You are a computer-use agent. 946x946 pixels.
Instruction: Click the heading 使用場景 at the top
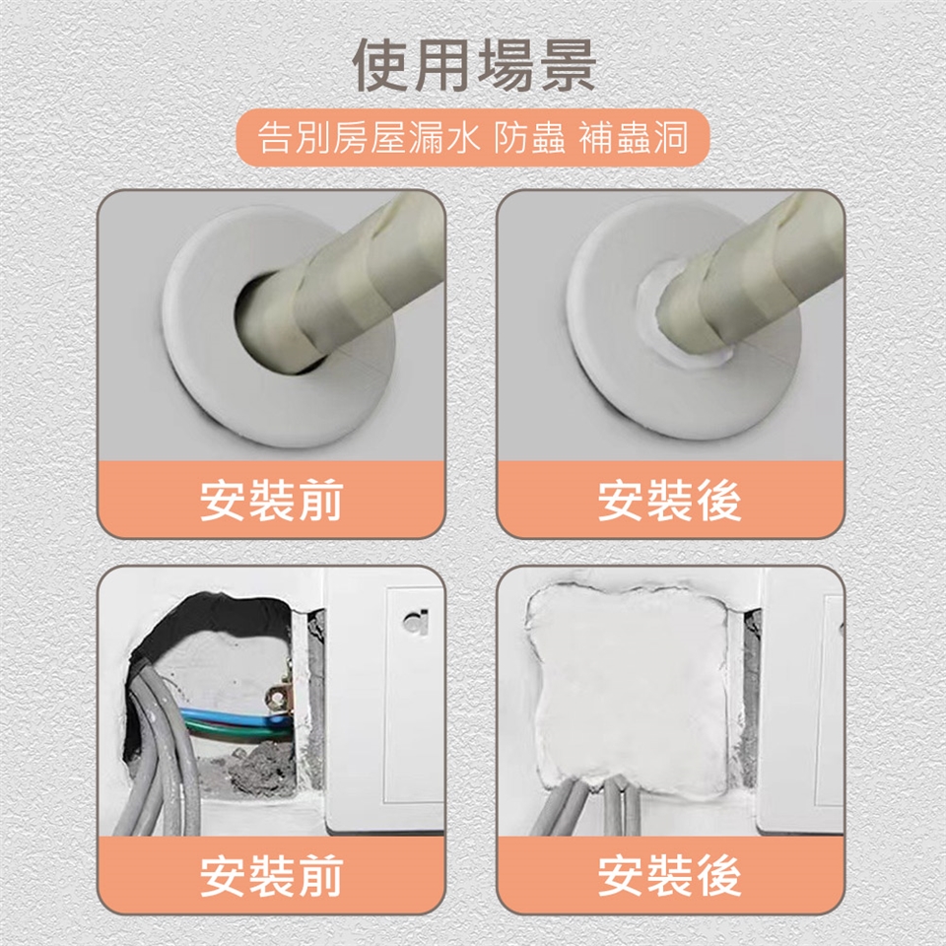click(474, 65)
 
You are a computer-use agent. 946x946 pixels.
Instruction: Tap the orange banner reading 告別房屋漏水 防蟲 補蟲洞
click(473, 138)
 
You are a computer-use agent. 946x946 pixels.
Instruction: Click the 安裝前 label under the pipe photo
click(272, 501)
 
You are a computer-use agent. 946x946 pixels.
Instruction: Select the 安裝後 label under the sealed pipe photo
click(670, 501)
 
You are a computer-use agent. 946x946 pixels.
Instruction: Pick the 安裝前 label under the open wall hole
click(272, 875)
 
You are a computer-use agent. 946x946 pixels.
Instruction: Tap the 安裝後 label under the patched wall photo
click(670, 875)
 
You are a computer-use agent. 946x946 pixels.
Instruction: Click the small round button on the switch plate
click(416, 622)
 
